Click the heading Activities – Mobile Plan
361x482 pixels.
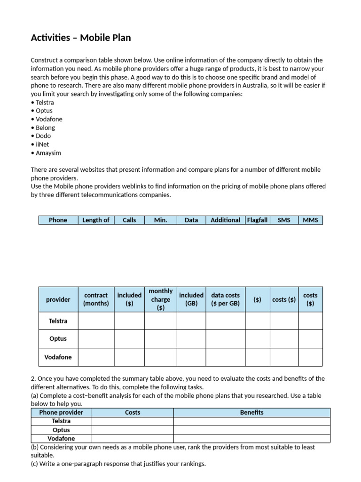coord(81,38)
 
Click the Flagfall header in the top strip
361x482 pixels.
coord(257,220)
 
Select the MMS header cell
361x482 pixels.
coord(310,220)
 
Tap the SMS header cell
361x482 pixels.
coord(284,220)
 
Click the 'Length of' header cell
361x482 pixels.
coord(96,220)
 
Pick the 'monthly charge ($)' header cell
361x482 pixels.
coord(160,299)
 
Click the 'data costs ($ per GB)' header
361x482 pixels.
coord(225,299)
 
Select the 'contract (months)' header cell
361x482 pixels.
coord(96,299)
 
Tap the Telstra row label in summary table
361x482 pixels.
coord(58,321)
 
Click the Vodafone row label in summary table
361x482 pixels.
coord(58,357)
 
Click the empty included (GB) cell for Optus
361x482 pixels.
coord(191,339)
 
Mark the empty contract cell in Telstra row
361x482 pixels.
coord(96,321)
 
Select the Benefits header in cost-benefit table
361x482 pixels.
coord(251,412)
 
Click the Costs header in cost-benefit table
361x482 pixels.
coord(133,412)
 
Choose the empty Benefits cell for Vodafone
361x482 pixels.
coord(251,439)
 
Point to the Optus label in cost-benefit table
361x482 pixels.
coord(61,430)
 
